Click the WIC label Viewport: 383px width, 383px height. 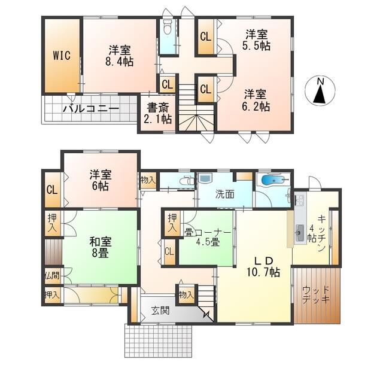click(x=62, y=56)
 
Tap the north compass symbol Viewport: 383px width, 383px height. click(x=321, y=90)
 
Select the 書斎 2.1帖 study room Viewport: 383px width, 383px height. click(x=158, y=113)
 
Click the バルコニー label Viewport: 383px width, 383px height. click(x=91, y=109)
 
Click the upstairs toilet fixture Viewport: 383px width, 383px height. click(x=168, y=26)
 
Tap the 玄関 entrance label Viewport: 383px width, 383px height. click(x=160, y=311)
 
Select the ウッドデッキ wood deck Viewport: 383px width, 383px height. click(x=317, y=296)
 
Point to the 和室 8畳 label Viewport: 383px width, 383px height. click(x=101, y=247)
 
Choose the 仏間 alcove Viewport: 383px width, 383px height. click(x=53, y=276)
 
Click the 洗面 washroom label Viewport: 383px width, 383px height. click(x=225, y=194)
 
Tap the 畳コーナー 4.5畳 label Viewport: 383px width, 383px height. click(x=208, y=237)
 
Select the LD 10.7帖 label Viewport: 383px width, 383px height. click(x=263, y=266)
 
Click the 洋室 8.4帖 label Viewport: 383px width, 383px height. click(x=120, y=56)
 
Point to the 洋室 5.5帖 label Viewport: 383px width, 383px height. click(x=256, y=40)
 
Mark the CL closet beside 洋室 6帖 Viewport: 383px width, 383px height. click(x=53, y=190)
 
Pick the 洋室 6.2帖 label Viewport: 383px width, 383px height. click(x=256, y=101)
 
